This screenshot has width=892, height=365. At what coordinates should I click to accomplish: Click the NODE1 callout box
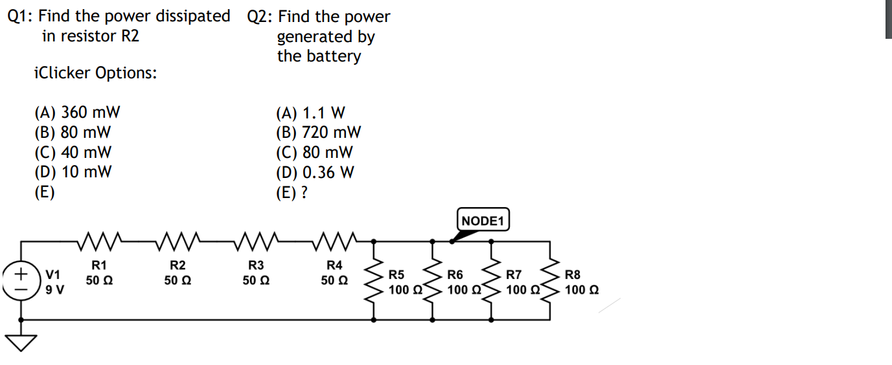[x=484, y=221]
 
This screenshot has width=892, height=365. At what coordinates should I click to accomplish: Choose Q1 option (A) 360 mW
[x=77, y=113]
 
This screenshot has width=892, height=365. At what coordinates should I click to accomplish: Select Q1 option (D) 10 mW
[x=73, y=172]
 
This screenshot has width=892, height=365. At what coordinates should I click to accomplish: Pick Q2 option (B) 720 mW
[x=318, y=133]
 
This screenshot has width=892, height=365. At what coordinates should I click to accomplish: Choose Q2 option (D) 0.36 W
[x=315, y=173]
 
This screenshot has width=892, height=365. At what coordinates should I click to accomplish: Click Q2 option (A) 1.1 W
[x=310, y=113]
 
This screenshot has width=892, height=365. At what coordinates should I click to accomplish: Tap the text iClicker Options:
[x=95, y=73]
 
